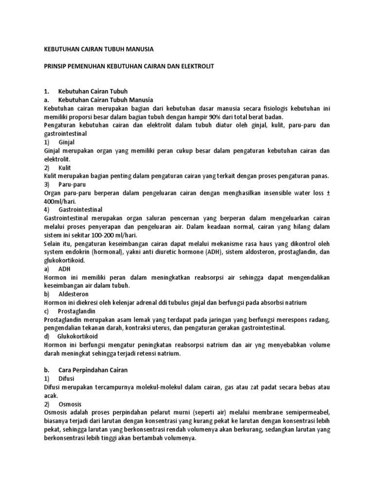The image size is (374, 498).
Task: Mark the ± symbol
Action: click(328, 193)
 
